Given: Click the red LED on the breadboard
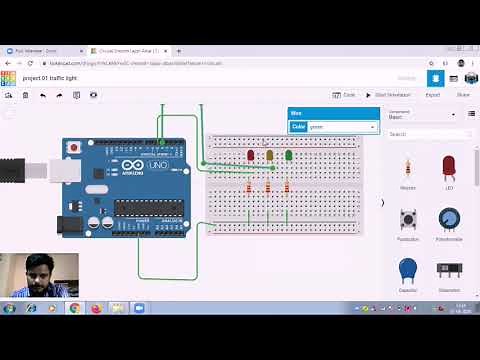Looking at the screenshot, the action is (250, 155).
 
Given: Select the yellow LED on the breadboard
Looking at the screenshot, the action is (269, 155).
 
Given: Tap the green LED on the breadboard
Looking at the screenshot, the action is (289, 155).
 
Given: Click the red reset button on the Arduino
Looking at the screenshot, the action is (73, 148).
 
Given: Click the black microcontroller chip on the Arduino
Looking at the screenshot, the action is (148, 208).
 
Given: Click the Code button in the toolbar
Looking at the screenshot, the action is (345, 95).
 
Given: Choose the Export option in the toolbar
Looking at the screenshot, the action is (432, 95).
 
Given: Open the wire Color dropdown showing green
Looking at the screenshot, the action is (342, 127).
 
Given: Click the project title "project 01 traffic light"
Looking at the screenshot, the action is (55, 77).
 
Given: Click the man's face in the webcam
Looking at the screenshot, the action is (40, 272).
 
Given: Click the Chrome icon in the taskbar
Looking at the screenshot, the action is (74, 308).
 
